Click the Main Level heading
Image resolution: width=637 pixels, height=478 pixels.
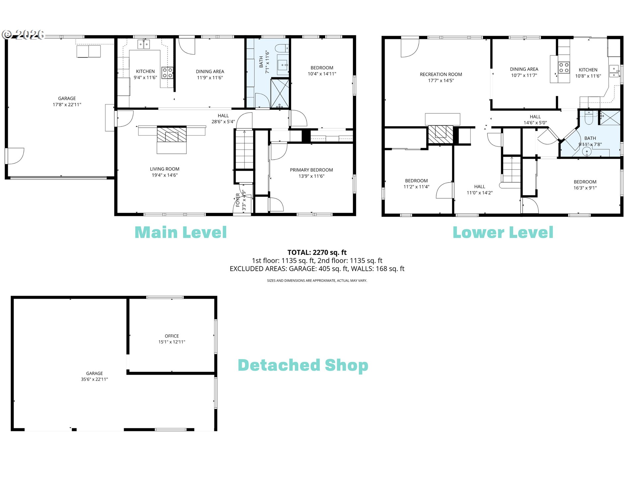[181, 232]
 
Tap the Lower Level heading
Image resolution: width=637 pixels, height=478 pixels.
[503, 232]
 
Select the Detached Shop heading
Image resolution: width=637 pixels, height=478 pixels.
[303, 365]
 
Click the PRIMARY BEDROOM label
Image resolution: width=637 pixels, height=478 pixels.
[311, 170]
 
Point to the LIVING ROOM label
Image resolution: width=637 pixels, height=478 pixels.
[165, 169]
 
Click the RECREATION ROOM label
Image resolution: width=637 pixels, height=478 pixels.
[441, 74]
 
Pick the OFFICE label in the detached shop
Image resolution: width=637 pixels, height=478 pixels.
[172, 336]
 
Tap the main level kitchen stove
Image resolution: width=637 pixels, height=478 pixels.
[167, 73]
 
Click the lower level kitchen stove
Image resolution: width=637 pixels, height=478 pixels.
[564, 68]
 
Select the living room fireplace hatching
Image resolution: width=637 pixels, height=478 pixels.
[172, 134]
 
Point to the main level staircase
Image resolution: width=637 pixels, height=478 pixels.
[245, 149]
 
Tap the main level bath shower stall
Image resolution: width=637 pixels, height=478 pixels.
[280, 93]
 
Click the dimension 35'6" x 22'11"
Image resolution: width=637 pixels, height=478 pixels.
[95, 379]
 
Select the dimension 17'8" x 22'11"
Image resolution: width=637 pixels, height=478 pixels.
[67, 105]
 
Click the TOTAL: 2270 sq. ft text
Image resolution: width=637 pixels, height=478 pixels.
[317, 252]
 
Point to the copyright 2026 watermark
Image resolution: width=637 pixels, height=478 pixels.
[23, 35]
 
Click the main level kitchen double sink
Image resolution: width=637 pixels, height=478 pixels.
[144, 44]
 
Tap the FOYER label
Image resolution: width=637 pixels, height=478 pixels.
[238, 200]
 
